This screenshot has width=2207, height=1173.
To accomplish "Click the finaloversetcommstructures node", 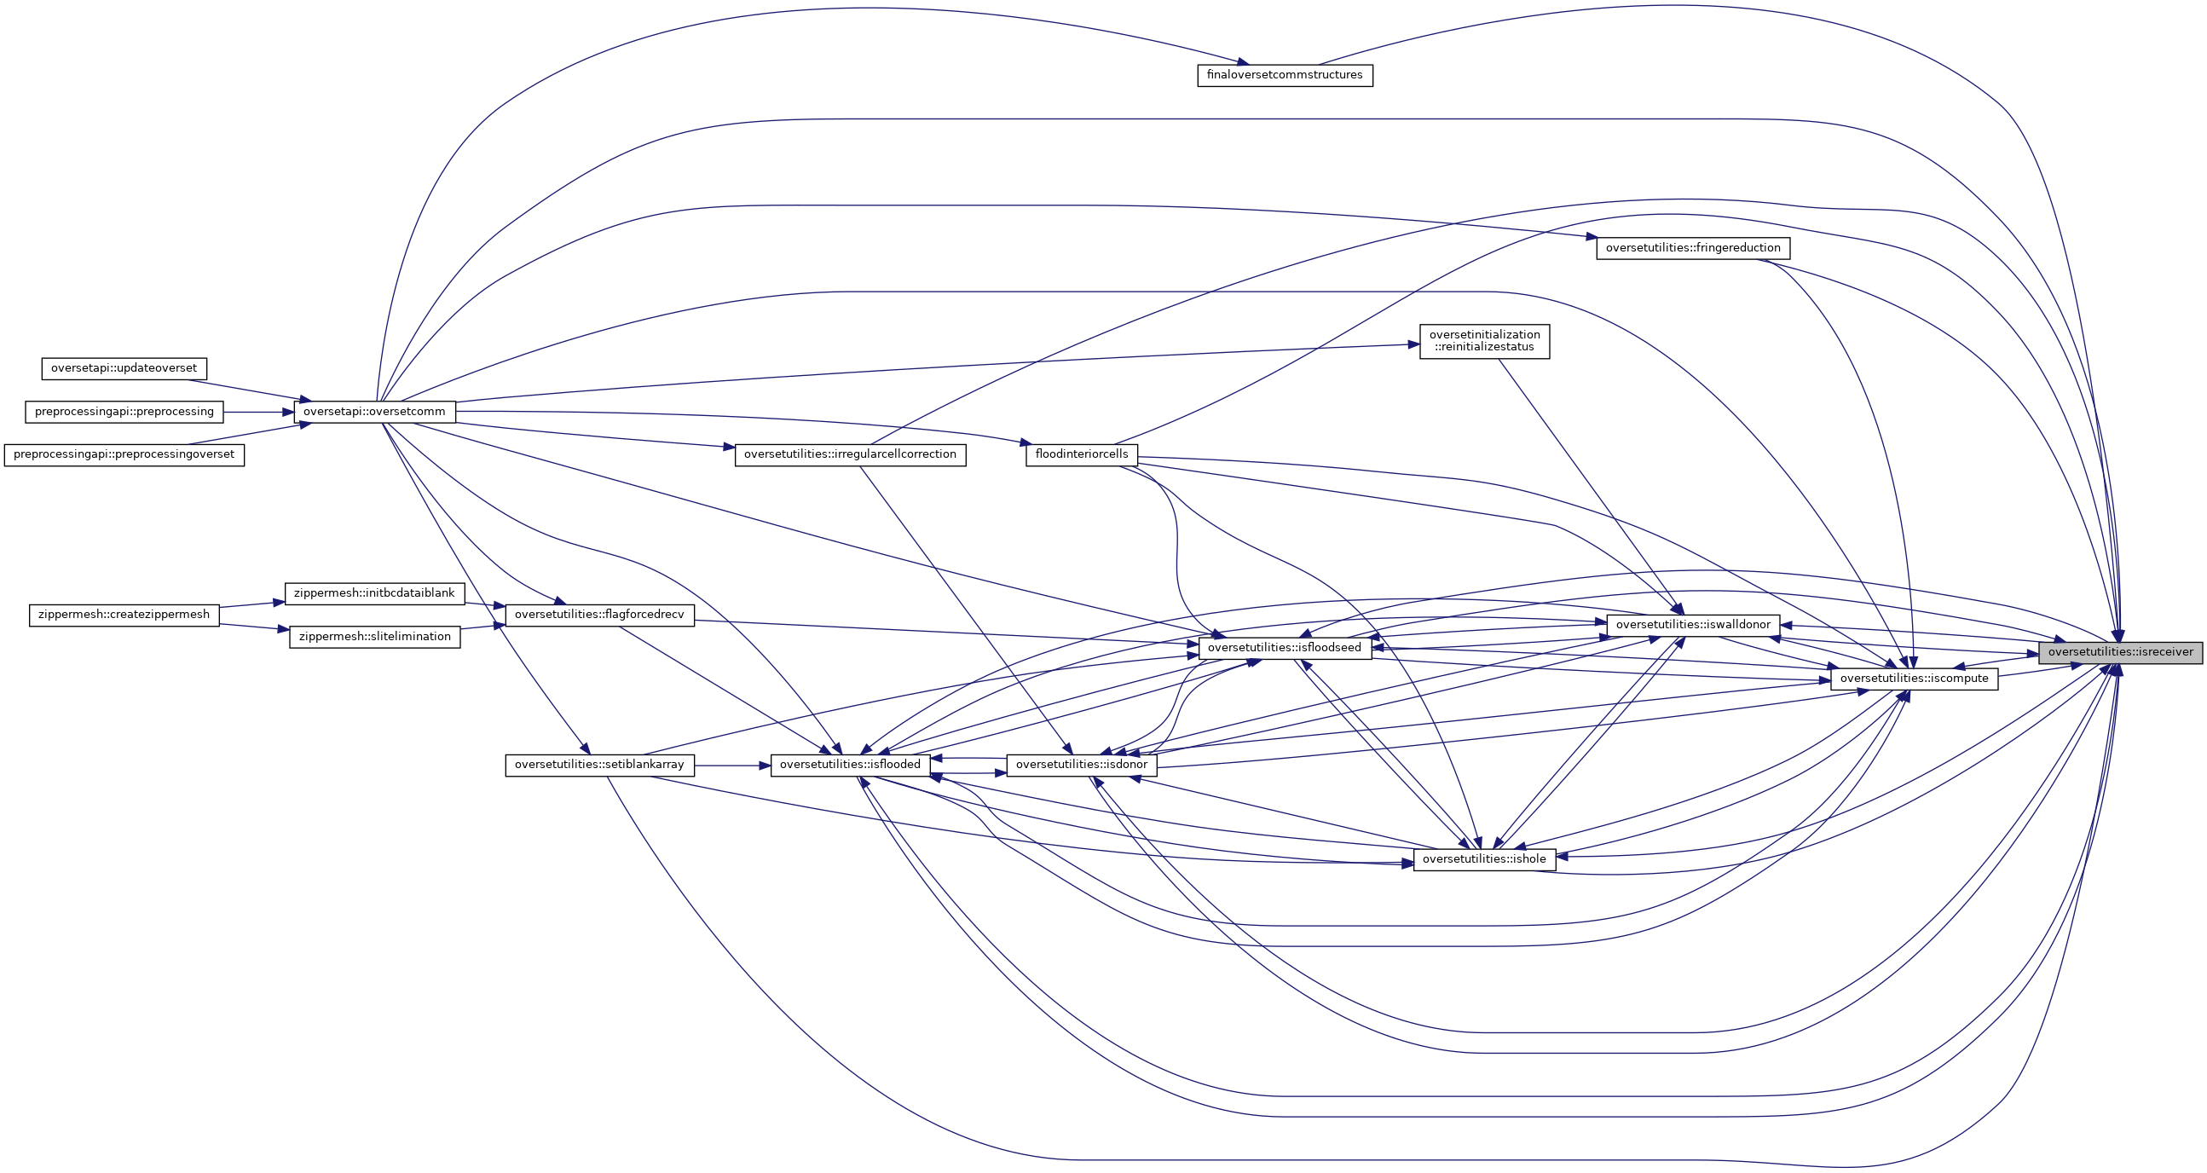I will pos(1285,75).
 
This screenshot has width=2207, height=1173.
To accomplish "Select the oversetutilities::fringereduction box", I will pos(1692,248).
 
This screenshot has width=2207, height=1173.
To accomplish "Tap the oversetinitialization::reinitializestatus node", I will pos(1484,341).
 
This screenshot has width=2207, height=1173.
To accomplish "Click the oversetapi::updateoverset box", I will pos(124,368).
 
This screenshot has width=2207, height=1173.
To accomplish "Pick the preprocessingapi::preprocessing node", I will pos(124,412).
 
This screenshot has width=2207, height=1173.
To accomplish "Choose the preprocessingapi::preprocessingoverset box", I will pos(124,455).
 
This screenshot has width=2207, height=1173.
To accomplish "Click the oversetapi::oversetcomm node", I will pos(374,412).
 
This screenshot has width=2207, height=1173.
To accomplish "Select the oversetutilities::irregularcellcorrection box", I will pos(850,455).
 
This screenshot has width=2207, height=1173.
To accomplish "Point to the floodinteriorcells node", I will pos(1081,454).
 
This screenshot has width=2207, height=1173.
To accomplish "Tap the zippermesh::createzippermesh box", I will pos(124,615).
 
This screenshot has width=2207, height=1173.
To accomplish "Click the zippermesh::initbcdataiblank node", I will pos(374,594).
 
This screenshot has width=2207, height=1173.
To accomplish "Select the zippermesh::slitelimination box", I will pos(374,638).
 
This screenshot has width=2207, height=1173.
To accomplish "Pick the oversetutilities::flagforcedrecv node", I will pos(599,615).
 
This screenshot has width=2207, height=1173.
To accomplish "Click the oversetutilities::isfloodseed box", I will pos(1284,649).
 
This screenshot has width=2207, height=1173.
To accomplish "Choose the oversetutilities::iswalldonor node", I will pos(1692,626).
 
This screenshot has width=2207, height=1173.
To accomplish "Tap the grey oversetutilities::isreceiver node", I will pos(2119,653).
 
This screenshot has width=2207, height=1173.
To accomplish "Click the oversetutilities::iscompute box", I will pos(1914,679).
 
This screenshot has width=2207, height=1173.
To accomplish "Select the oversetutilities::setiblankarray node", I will pos(599,766).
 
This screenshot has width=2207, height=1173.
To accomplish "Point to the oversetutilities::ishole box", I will pos(1484,859).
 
